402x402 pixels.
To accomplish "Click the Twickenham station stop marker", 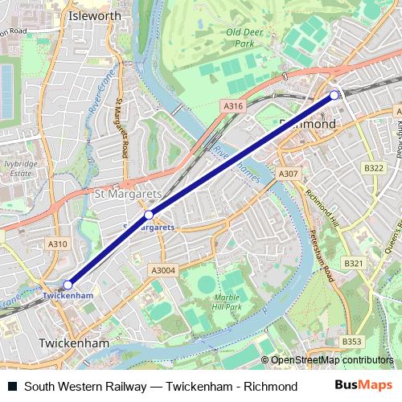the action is click(x=68, y=284).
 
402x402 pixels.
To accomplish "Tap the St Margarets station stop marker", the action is click(x=149, y=215).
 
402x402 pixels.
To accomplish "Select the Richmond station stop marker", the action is click(x=334, y=96).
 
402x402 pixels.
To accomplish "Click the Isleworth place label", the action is click(x=95, y=15).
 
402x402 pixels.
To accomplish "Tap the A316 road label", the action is click(x=233, y=105).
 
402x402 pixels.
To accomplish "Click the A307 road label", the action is click(x=288, y=174).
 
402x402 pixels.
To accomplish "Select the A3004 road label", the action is click(x=162, y=271).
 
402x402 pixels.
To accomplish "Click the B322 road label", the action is click(x=374, y=168).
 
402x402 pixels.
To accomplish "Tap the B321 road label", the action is click(x=354, y=263).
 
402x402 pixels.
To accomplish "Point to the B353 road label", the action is click(x=351, y=342).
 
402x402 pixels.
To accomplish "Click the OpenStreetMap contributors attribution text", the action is click(x=330, y=360).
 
